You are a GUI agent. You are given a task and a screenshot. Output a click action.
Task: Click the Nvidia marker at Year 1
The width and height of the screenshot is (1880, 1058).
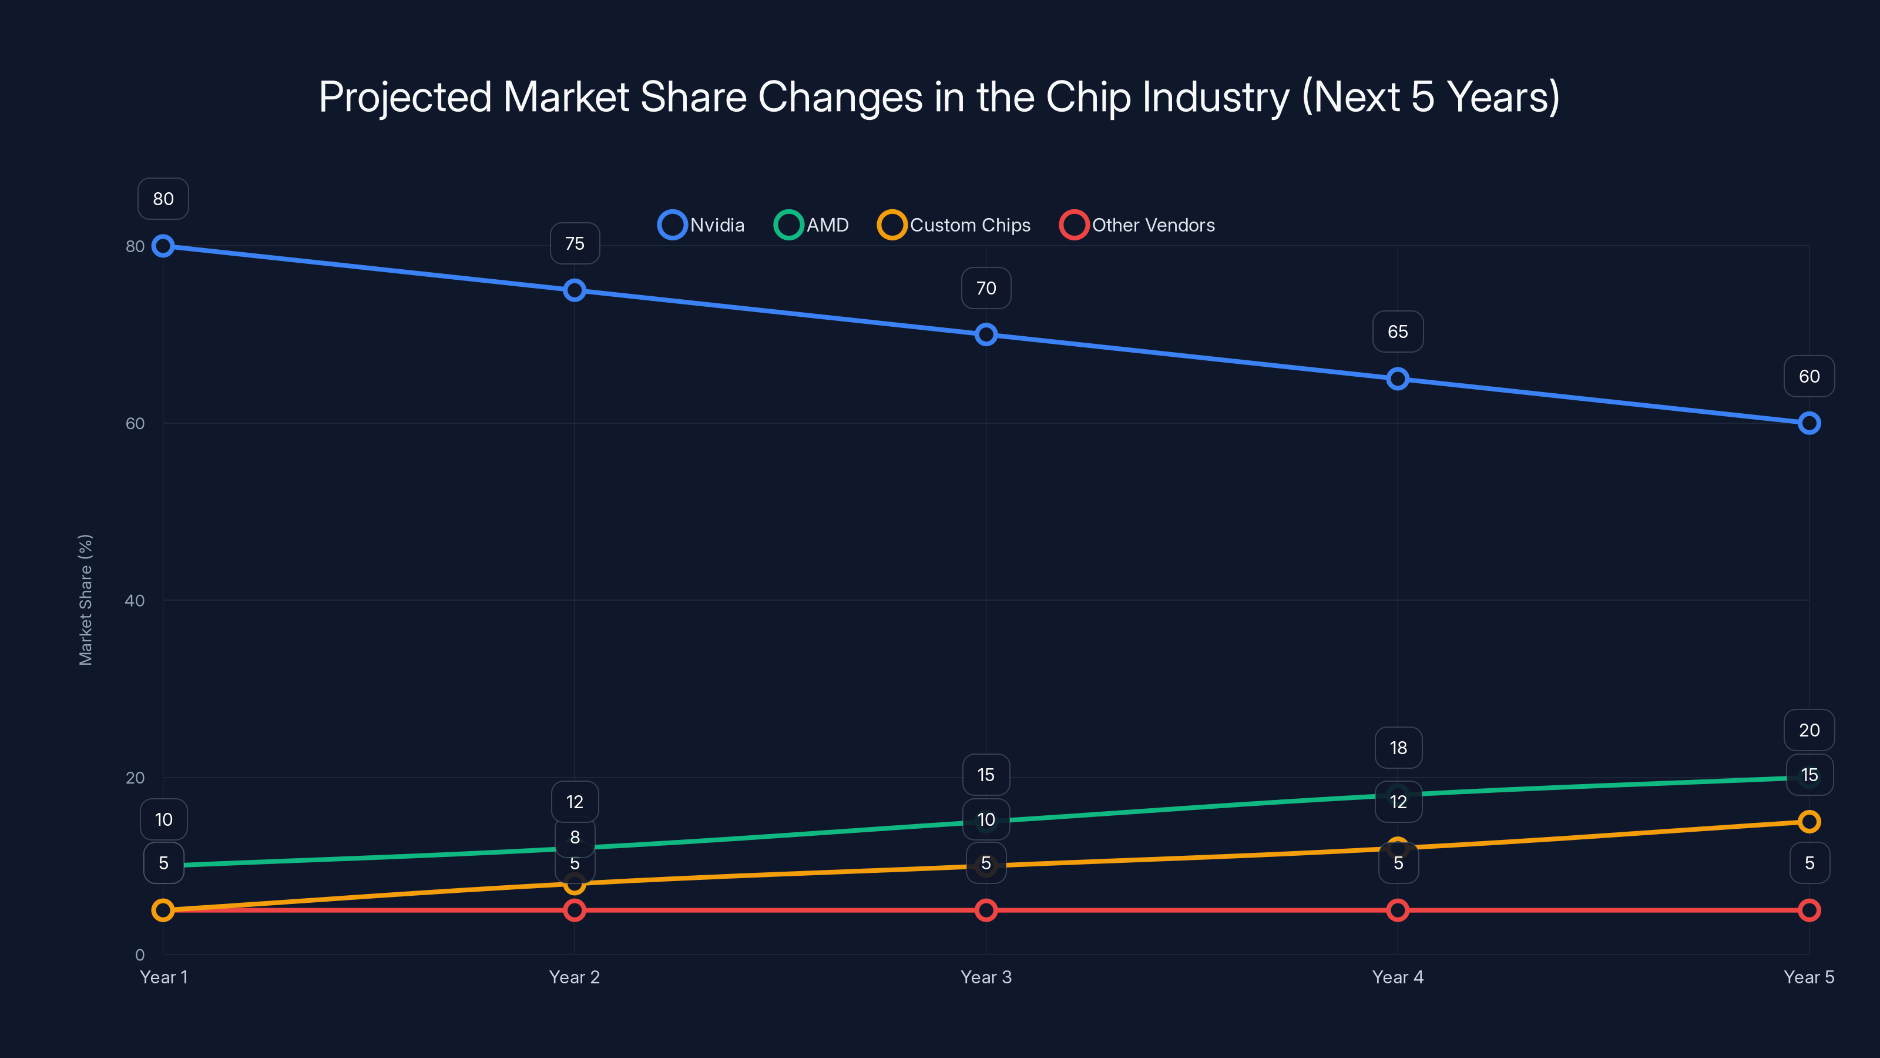point(163,246)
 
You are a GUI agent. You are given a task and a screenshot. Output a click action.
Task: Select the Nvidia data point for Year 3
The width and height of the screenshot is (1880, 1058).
point(986,334)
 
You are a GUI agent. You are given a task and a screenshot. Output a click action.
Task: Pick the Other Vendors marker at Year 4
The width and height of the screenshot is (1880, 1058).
point(1398,910)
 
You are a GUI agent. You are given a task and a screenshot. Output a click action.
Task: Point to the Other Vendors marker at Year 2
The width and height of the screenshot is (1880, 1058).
point(575,910)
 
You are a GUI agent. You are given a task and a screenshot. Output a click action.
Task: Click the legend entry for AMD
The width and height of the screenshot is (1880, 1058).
point(811,225)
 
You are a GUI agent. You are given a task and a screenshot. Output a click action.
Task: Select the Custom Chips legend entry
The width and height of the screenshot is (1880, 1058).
point(955,225)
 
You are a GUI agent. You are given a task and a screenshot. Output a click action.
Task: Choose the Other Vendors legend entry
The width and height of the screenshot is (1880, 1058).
point(1138,225)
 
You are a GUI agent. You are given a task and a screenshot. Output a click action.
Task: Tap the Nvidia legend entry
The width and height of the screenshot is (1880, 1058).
point(701,225)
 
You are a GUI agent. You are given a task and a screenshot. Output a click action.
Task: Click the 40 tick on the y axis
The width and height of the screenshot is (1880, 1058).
point(135,600)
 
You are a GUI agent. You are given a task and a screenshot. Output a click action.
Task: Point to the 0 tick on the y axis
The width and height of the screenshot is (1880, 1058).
point(140,955)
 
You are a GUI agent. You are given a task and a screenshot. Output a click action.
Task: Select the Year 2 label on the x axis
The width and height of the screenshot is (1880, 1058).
point(575,977)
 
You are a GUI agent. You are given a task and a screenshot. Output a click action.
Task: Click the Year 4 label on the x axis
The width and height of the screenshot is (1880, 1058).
point(1398,977)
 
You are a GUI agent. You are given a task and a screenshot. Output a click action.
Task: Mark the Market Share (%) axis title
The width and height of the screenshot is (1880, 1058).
point(85,600)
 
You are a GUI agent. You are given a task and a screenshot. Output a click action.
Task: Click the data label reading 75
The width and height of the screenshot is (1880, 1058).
point(575,243)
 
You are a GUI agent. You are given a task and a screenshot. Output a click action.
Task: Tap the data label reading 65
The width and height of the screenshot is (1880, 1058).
point(1398,332)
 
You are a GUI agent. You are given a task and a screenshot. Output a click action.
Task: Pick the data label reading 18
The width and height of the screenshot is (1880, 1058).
point(1398,748)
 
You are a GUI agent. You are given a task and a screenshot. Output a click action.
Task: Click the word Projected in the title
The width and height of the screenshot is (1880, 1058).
point(405,97)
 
